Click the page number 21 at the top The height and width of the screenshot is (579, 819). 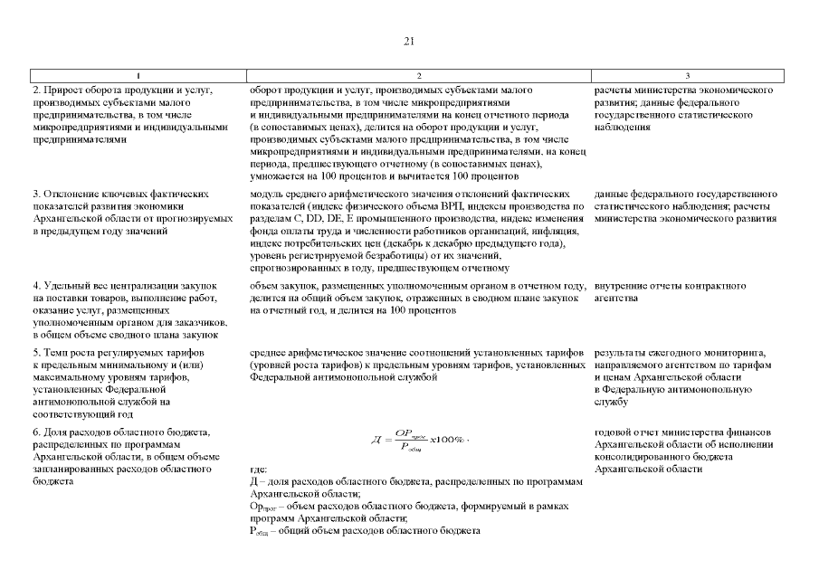click(x=409, y=41)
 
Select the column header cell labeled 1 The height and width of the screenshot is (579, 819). click(x=138, y=75)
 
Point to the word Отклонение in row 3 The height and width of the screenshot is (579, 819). click(x=75, y=194)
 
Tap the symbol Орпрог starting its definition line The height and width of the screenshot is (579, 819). click(x=263, y=507)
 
